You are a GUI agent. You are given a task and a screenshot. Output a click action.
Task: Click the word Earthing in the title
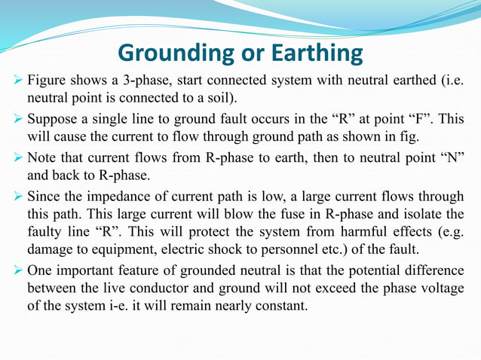(317, 53)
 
